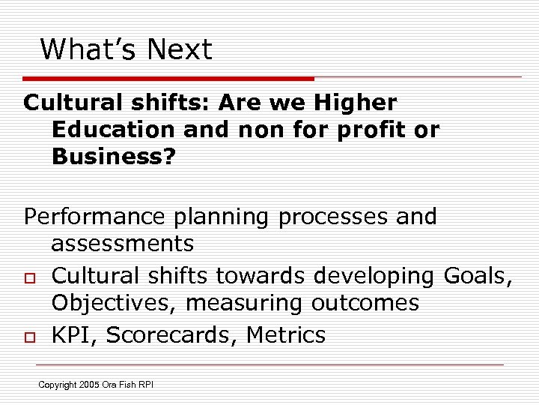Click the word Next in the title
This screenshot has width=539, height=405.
pyautogui.click(x=180, y=50)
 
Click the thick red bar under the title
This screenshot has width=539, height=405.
pyautogui.click(x=168, y=78)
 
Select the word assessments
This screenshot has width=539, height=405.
pyautogui.click(x=123, y=244)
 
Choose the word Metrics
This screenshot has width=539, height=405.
pyautogui.click(x=288, y=334)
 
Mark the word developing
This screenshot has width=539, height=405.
pyautogui.click(x=374, y=276)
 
